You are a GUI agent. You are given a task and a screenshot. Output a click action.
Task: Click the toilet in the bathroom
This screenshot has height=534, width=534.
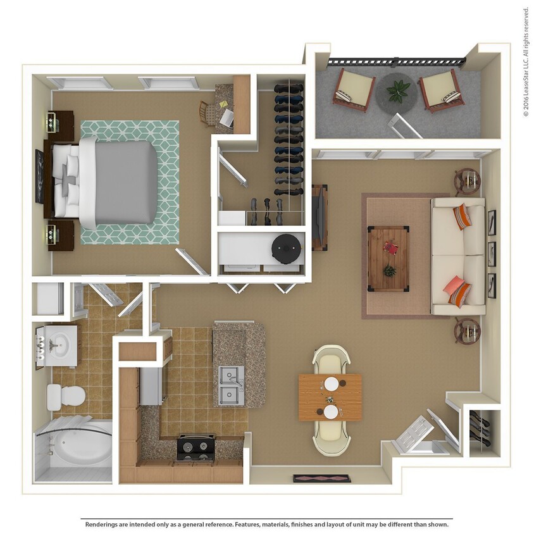pyautogui.click(x=66, y=396)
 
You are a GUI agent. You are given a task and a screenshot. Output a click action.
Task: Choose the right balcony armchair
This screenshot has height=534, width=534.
pyautogui.click(x=442, y=90)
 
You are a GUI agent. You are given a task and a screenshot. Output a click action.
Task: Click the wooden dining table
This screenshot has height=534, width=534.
pyautogui.click(x=330, y=397)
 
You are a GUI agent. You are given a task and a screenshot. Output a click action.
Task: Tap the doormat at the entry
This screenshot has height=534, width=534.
pyautogui.click(x=321, y=478)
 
